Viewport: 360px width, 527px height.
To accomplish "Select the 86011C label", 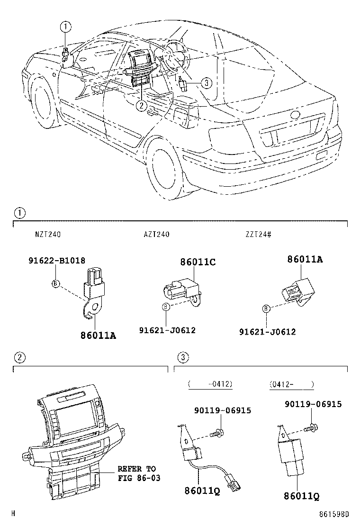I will coord(198,262).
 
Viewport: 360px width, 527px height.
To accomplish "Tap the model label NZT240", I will coord(47,234).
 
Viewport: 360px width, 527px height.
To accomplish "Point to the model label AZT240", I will coord(157,234).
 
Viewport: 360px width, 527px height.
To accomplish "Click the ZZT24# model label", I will coord(258,234).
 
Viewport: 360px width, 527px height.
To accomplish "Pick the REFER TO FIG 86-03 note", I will coord(139,473).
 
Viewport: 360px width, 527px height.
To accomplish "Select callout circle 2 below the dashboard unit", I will coord(140,105).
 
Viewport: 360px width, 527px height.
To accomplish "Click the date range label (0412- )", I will coord(291,384).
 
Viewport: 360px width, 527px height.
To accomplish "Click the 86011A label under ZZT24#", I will coord(305,259).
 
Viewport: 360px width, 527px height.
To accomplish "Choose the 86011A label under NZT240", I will coord(99,336).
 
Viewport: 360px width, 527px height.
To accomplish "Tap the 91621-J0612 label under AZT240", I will coord(167,330).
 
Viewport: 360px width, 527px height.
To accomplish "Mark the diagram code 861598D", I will coord(334,514).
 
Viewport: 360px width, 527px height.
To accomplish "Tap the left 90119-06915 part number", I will coord(222,410).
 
